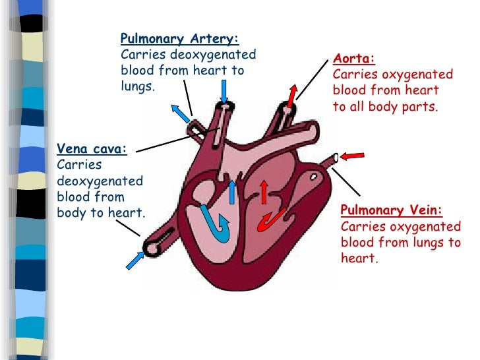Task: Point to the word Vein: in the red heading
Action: coord(424,211)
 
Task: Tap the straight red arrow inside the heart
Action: coord(264,192)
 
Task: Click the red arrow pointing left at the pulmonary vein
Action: coord(353,155)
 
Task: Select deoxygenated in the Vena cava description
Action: coord(100,181)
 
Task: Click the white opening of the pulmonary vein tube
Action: coord(336,158)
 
